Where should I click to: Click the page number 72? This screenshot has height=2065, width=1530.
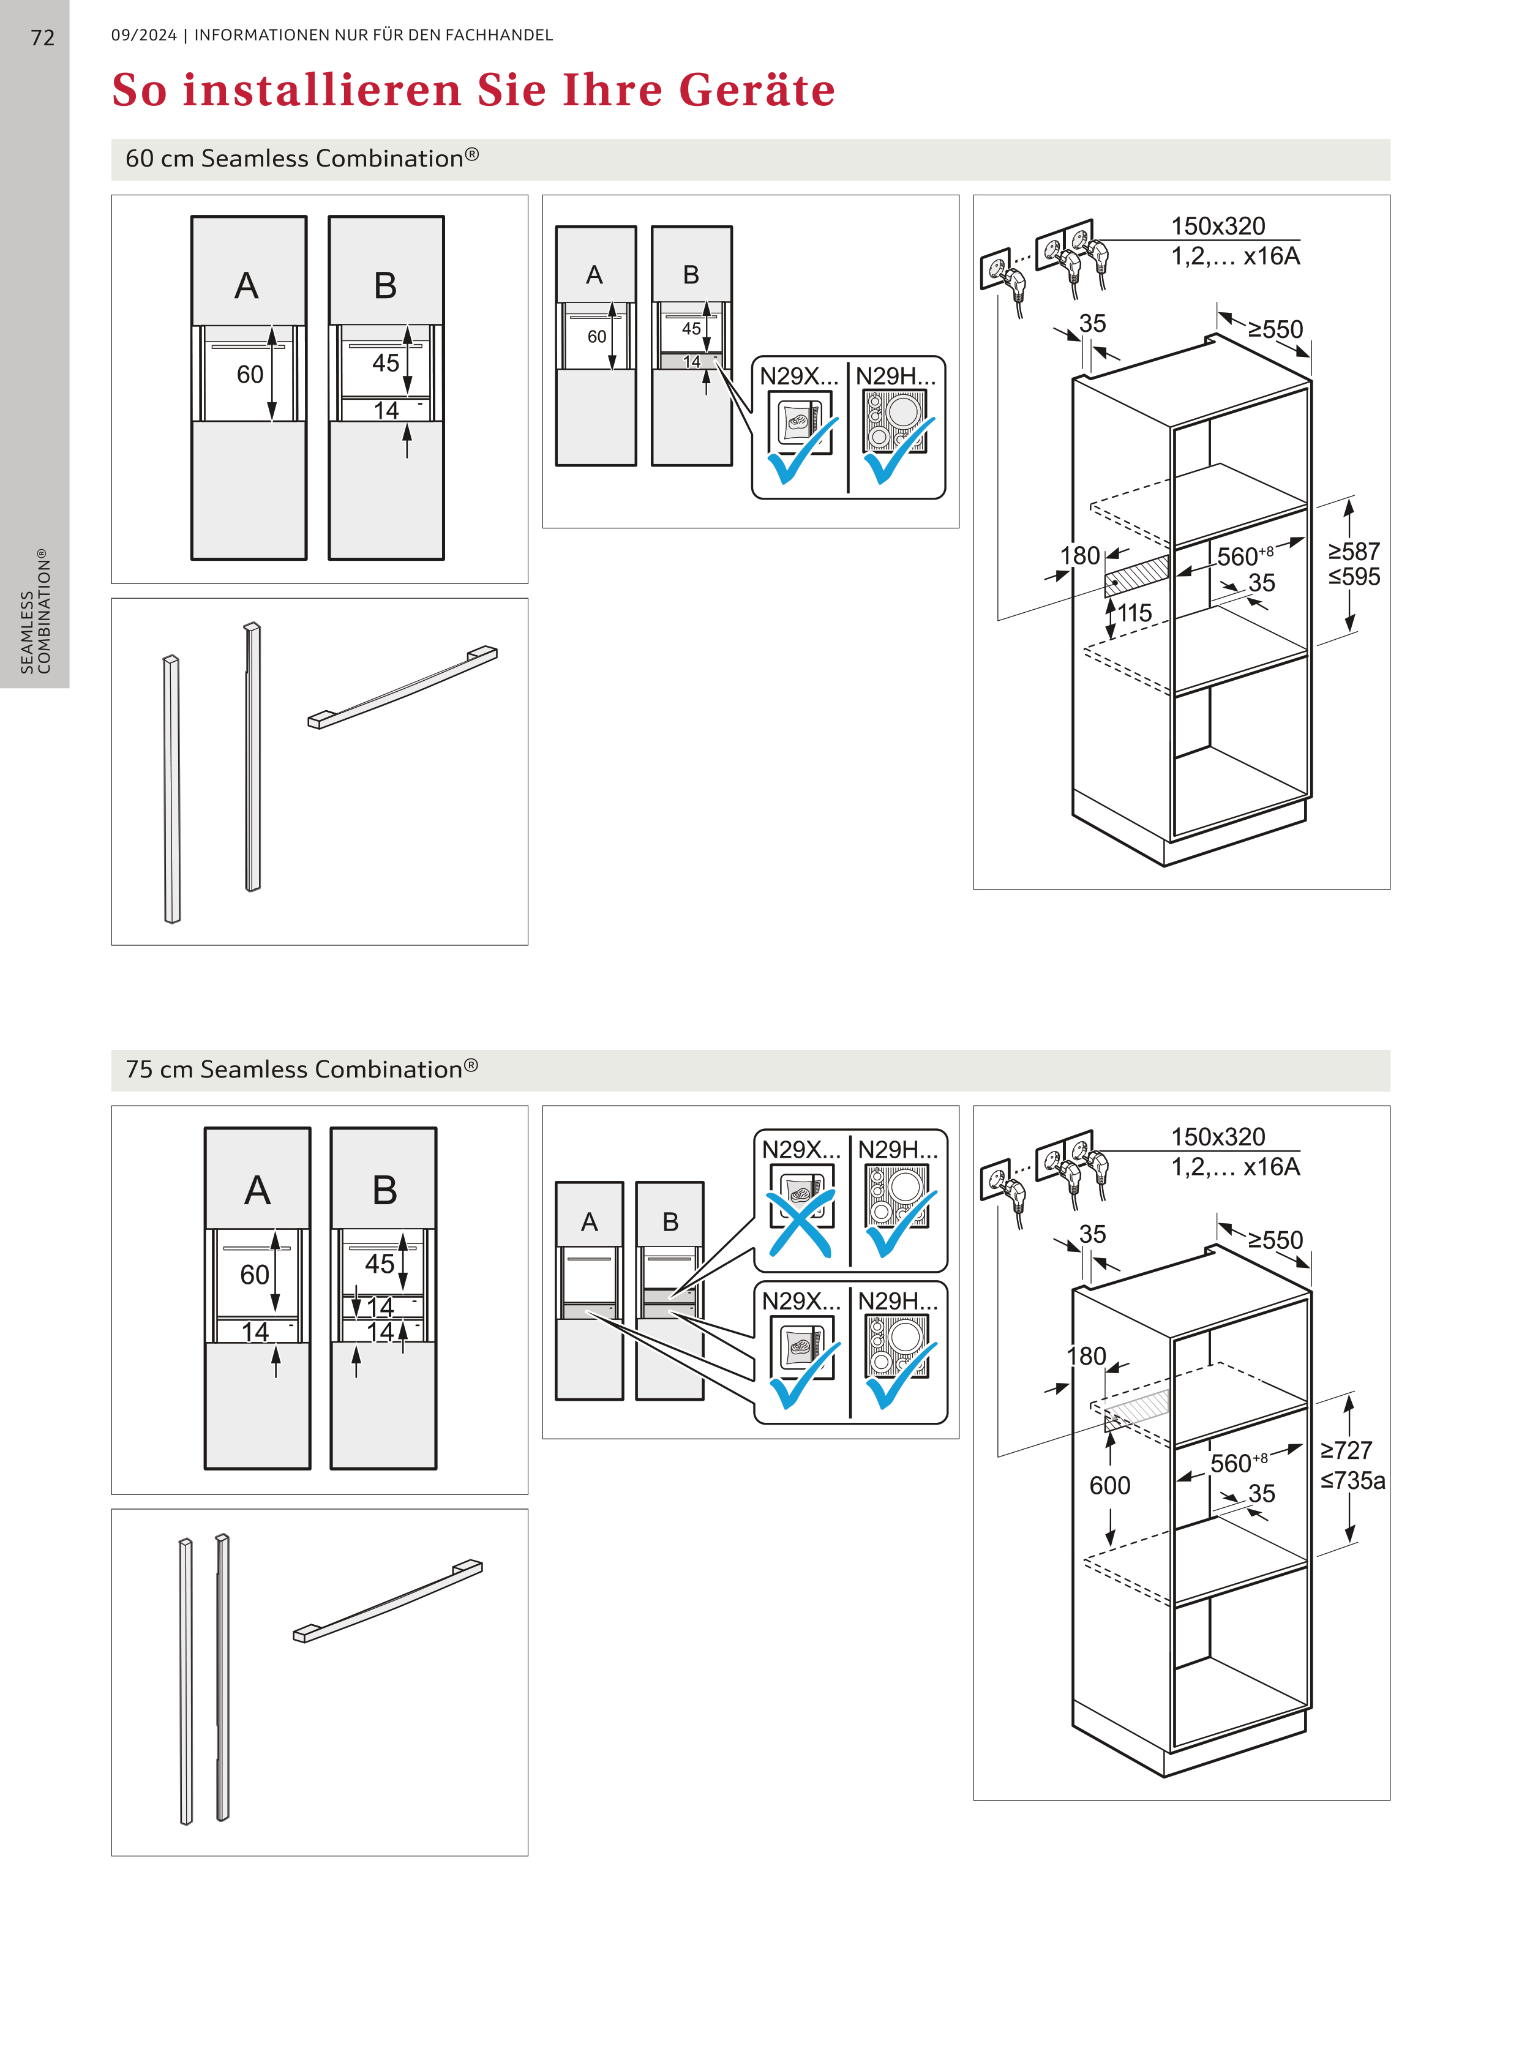tap(43, 38)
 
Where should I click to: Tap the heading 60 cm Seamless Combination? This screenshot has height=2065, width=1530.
tap(302, 159)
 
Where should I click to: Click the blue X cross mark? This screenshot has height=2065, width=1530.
tap(800, 1223)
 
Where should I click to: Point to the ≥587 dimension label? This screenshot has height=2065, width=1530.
tap(1354, 551)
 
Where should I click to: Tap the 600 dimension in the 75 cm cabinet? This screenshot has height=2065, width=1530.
tap(1109, 1485)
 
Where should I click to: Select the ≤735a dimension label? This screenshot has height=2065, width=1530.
tap(1353, 1480)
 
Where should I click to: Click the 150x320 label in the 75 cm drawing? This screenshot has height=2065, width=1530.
tap(1218, 1136)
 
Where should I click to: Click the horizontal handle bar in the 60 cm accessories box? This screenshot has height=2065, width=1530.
tap(403, 687)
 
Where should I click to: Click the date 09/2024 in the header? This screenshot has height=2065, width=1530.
tap(143, 35)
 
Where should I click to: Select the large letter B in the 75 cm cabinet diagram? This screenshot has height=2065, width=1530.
tap(384, 1190)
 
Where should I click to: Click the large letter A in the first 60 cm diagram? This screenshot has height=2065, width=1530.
tap(246, 285)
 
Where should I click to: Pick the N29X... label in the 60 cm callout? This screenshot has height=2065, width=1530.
tap(798, 376)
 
